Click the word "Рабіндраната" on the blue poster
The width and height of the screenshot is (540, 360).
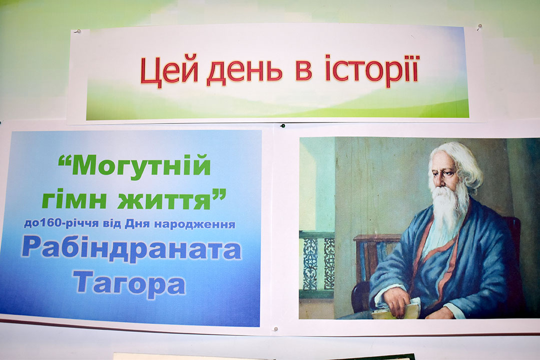pyautogui.click(x=132, y=250)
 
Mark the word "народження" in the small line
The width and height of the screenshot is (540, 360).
pyautogui.click(x=195, y=224)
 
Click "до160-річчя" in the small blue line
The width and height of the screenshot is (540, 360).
pyautogui.click(x=63, y=223)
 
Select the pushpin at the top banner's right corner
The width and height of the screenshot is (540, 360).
pyautogui.click(x=479, y=26)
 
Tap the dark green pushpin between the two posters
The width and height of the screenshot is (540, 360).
pyautogui.click(x=283, y=126)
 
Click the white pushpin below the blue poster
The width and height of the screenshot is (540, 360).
pyautogui.click(x=275, y=329)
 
